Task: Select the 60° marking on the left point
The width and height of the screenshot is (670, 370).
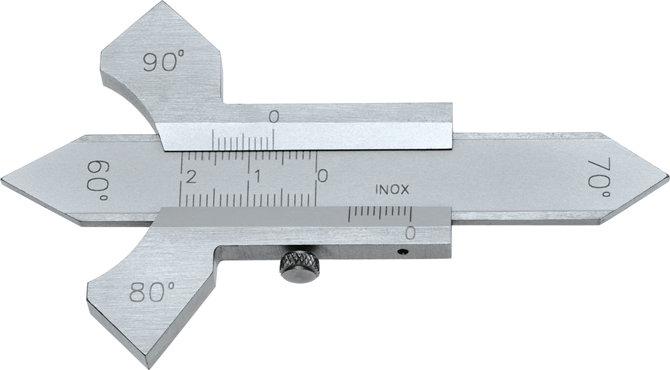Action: (98, 181)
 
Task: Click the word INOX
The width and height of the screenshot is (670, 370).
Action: (392, 190)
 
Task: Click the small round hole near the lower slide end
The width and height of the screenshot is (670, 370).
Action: (403, 251)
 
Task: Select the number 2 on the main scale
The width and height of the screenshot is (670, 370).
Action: (191, 177)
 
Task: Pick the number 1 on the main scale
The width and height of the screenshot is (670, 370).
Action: (257, 177)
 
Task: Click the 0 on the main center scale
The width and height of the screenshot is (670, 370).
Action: (323, 176)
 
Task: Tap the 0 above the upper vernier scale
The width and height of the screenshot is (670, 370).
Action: (274, 117)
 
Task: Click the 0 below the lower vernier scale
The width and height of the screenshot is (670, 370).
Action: (411, 233)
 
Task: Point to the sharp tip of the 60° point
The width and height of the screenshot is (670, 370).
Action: (3, 180)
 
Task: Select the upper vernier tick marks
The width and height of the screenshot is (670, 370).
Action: (243, 140)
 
